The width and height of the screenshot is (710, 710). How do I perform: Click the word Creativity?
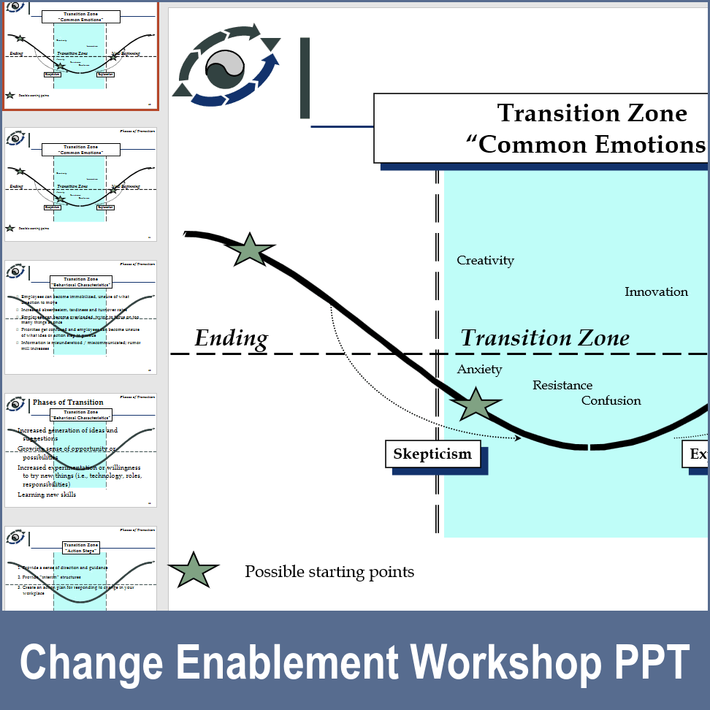[485, 261]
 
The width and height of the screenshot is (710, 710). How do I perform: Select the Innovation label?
[656, 292]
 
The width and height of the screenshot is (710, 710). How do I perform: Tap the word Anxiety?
[479, 370]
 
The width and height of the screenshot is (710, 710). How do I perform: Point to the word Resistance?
[562, 386]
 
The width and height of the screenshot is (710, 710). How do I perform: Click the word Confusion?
[611, 401]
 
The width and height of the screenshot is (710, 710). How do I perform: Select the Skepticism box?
[432, 454]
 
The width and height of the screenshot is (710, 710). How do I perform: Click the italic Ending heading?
[231, 339]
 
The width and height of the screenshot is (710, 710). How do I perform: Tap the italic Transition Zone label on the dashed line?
[545, 338]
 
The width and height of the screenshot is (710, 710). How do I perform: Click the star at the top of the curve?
[250, 251]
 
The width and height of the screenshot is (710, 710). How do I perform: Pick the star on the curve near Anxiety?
[475, 405]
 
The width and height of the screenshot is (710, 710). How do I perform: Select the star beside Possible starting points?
[193, 570]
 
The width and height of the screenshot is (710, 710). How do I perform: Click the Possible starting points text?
[329, 572]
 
